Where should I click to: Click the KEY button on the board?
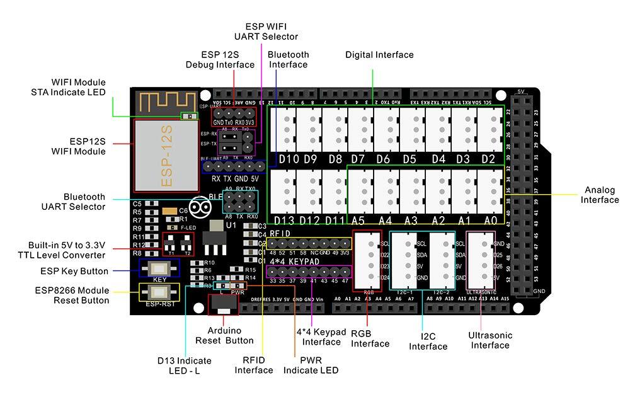tap(159, 267)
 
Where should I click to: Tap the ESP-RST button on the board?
tap(159, 292)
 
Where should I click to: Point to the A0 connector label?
tap(491, 221)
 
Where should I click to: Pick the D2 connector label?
tap(488, 159)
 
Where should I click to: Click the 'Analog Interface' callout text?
tap(599, 195)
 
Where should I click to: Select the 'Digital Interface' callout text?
tap(379, 55)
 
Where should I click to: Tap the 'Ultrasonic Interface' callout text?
tap(490, 340)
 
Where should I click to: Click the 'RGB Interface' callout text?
tap(370, 338)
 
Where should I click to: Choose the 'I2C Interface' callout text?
tap(428, 341)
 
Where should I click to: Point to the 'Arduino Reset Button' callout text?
tap(224, 335)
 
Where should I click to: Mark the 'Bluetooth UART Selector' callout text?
tap(74, 202)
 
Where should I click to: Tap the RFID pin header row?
tap(309, 243)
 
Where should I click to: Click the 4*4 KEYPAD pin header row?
tap(309, 272)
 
